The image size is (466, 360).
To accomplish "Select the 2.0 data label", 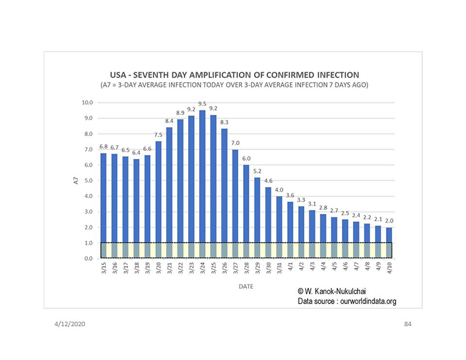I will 389,221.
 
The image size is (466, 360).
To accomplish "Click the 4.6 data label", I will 268,181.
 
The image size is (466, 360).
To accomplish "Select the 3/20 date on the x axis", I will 158,269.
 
